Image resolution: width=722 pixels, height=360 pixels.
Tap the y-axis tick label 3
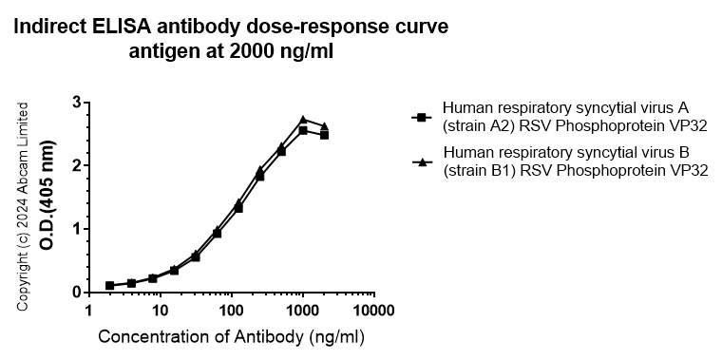pos(75,102)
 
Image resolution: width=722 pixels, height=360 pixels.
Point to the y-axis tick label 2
pos(75,165)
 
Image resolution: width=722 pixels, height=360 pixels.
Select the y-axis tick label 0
pos(75,293)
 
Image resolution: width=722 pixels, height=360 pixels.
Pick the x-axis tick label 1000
pos(302,312)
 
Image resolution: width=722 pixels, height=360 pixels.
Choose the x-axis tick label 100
pos(231,312)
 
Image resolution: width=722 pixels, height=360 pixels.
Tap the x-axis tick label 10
pos(160,312)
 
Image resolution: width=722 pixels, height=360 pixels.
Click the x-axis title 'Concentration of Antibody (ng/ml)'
pos(231,337)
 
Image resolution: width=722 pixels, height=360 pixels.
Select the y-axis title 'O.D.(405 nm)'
pos(46,198)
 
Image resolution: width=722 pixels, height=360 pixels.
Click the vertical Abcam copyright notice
pos(24,205)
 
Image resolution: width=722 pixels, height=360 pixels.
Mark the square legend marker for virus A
pos(418,117)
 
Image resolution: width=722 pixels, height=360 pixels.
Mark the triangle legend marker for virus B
pos(418,161)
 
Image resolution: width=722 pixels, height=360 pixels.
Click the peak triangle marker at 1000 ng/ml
pos(303,120)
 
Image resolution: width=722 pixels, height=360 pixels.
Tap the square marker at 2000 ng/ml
pos(324,135)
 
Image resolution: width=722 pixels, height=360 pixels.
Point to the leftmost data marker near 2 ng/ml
pos(110,285)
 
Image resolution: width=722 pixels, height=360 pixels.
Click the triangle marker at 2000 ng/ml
pos(324,126)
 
